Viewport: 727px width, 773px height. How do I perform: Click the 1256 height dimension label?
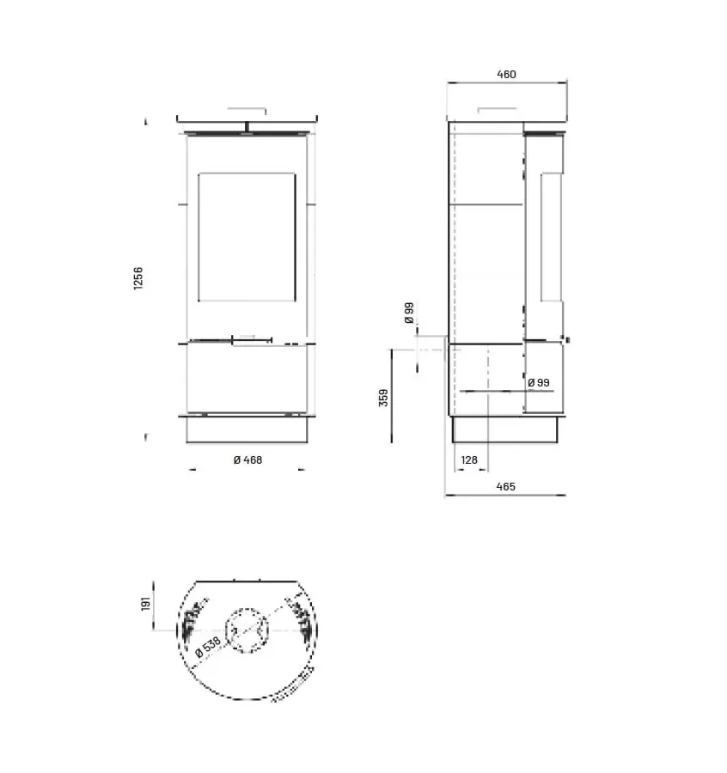(x=138, y=278)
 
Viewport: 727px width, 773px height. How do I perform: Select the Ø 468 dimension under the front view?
(x=247, y=460)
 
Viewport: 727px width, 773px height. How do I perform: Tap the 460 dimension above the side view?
(x=506, y=75)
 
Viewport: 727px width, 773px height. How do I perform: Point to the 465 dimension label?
(x=505, y=487)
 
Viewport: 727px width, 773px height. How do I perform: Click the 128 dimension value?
(x=469, y=460)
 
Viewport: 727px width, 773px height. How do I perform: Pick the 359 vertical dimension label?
(x=384, y=398)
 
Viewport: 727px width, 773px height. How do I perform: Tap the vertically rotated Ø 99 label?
(x=409, y=312)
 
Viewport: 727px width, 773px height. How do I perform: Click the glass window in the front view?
(x=247, y=237)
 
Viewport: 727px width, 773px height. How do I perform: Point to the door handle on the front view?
(x=252, y=343)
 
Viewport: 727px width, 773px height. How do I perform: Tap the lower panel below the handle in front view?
(x=247, y=378)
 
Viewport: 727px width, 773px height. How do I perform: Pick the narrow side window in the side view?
(x=550, y=237)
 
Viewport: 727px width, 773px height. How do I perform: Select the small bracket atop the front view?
(x=247, y=111)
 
